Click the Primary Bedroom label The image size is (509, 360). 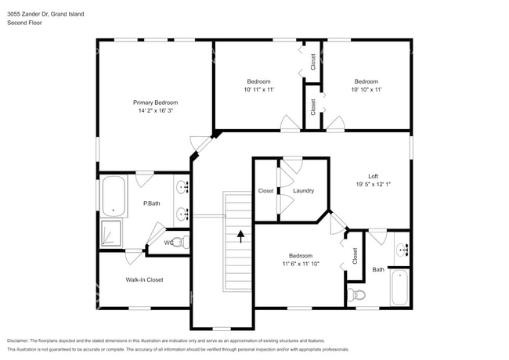click(x=155, y=103)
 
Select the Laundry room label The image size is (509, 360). click(x=303, y=191)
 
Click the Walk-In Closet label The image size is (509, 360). click(x=144, y=279)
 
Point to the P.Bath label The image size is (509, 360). click(x=151, y=203)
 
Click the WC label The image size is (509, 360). click(x=168, y=243)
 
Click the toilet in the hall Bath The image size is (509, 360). click(x=356, y=295)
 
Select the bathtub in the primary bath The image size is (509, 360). click(x=114, y=196)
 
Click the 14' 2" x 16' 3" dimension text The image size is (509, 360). click(x=155, y=111)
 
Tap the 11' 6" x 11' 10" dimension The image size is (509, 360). click(x=300, y=265)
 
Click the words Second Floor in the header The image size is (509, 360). click(x=25, y=23)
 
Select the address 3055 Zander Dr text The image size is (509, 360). click(x=31, y=14)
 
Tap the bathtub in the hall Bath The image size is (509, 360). click(x=399, y=288)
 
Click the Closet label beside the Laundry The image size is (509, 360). click(x=266, y=191)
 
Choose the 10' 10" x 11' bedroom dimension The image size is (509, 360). click(x=366, y=90)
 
